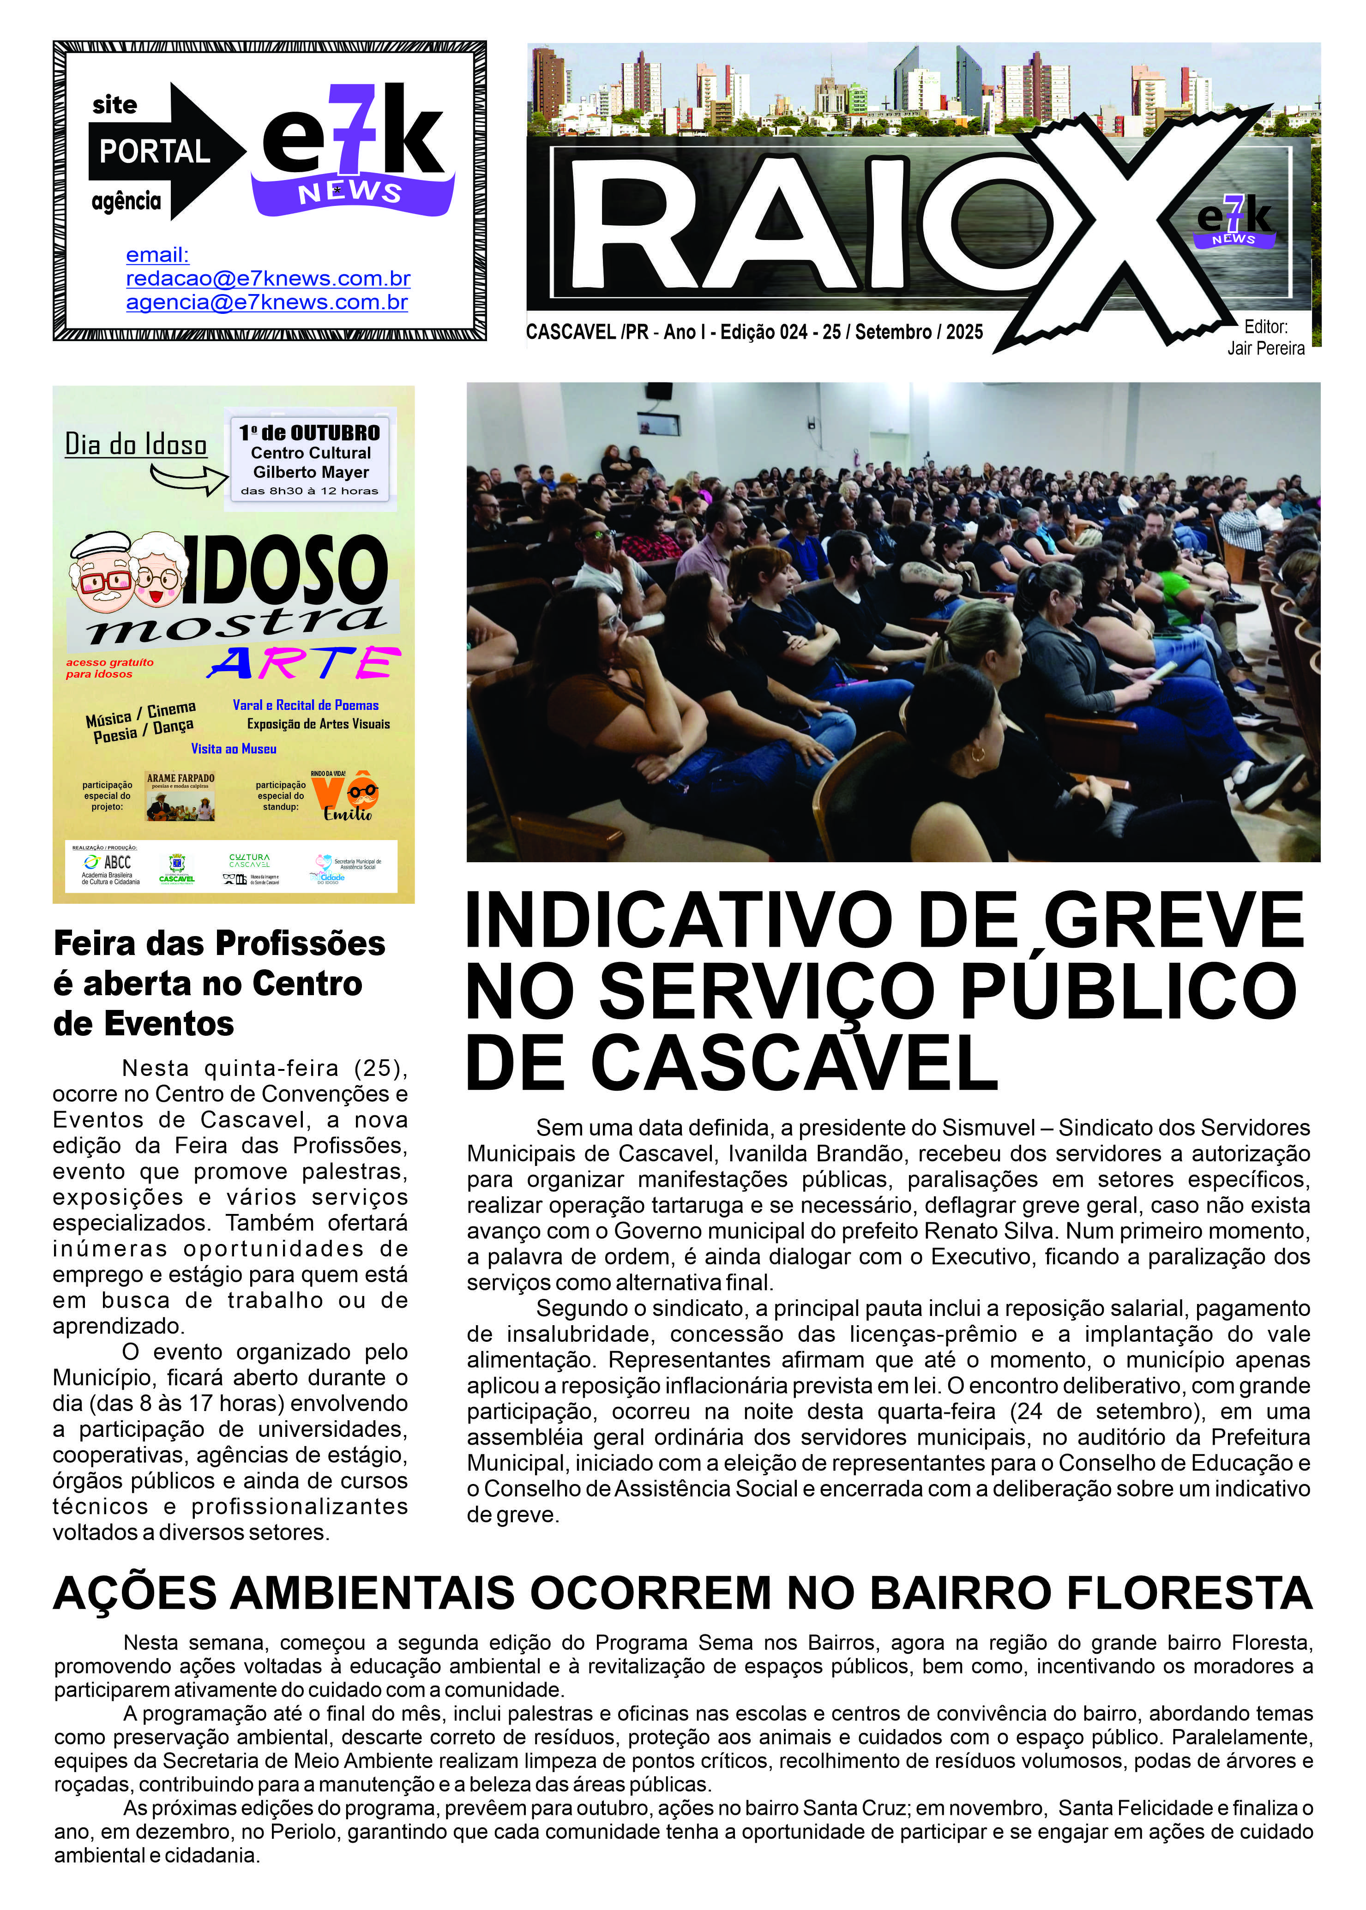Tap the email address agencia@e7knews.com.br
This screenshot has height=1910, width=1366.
tap(267, 303)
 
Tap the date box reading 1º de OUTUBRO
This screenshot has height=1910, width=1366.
tap(310, 433)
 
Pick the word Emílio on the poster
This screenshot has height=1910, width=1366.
tap(348, 812)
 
